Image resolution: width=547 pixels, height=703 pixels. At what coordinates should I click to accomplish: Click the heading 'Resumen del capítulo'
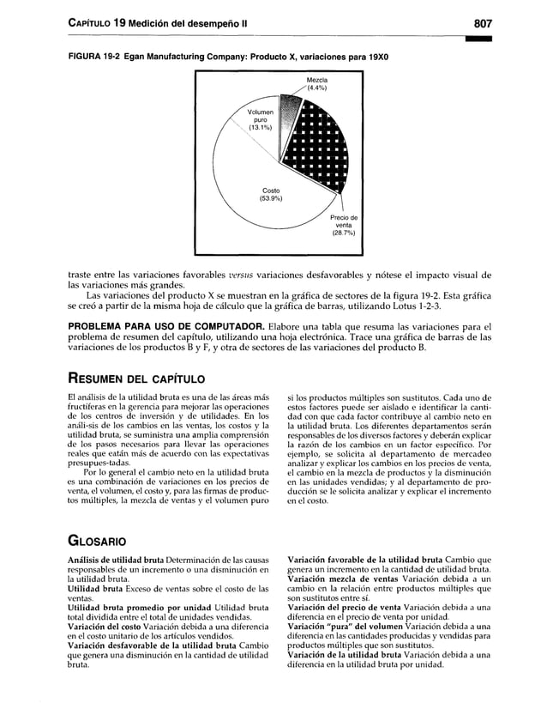tap(135, 378)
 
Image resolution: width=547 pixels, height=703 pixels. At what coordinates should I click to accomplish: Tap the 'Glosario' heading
tap(98, 542)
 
